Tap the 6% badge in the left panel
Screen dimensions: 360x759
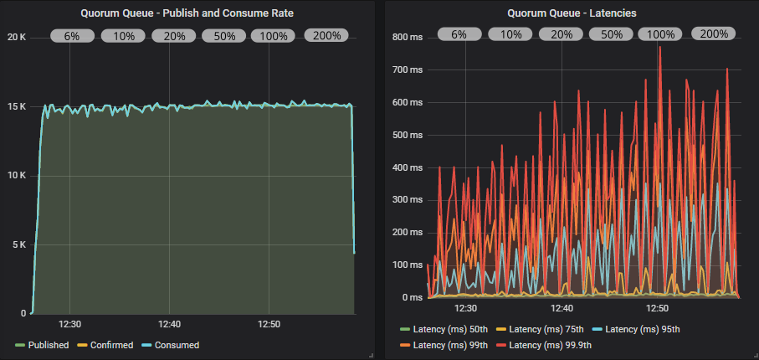pyautogui.click(x=71, y=35)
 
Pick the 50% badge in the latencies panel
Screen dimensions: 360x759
pyautogui.click(x=611, y=34)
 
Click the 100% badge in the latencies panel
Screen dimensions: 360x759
pyautogui.click(x=661, y=34)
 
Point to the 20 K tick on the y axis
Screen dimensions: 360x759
pyautogui.click(x=17, y=37)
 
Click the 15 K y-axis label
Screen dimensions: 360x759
pyautogui.click(x=17, y=106)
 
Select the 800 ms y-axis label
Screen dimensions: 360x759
pyautogui.click(x=407, y=37)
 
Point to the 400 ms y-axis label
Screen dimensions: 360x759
pyautogui.click(x=407, y=167)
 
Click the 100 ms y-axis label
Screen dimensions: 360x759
pyautogui.click(x=407, y=265)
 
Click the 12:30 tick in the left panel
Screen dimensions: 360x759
pyautogui.click(x=69, y=324)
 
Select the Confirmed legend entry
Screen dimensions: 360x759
pyautogui.click(x=109, y=345)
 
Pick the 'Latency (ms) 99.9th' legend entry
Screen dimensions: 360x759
pyautogui.click(x=550, y=345)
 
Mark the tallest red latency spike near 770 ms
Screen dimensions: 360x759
pyautogui.click(x=659, y=47)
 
